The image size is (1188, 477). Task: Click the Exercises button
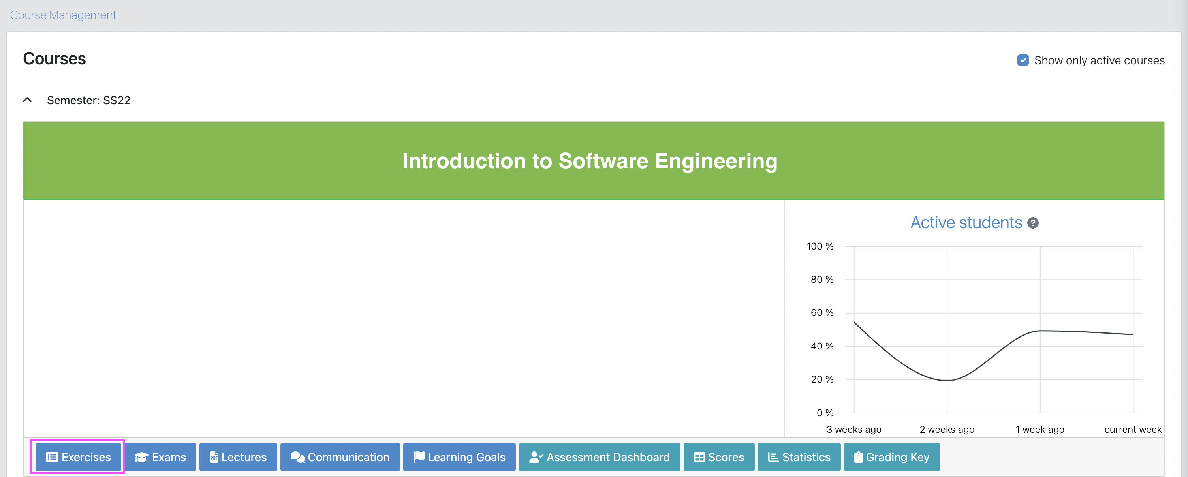[x=79, y=457]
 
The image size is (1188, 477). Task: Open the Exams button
[x=160, y=457]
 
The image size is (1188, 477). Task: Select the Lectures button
[x=238, y=457]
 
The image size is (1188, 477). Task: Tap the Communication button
[x=340, y=457]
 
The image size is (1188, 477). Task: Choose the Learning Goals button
[x=459, y=457]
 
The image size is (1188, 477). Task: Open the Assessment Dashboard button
[x=599, y=457]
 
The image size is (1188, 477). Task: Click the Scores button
[x=718, y=457]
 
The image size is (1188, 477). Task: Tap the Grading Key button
[x=891, y=457]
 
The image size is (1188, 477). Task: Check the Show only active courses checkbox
[x=1023, y=60]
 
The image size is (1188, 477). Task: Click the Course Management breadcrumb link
[x=63, y=15]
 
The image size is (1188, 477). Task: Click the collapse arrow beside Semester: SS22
[x=28, y=100]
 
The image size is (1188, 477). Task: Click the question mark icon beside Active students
[x=1033, y=223]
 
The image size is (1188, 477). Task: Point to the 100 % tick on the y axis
[x=820, y=246]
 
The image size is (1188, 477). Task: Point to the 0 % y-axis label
[x=825, y=413]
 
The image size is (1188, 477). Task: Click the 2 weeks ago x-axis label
[x=947, y=430]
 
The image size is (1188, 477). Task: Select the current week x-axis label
[x=1133, y=430]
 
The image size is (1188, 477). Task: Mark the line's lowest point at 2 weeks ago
[x=947, y=381]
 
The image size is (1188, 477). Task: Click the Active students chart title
[x=966, y=223]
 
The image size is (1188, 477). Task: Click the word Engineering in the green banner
[x=716, y=161]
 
